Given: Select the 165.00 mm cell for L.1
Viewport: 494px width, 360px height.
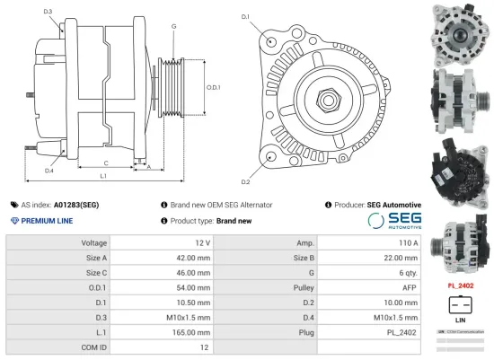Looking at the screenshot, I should (x=194, y=331).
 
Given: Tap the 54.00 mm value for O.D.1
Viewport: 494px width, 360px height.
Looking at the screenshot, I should (x=194, y=287).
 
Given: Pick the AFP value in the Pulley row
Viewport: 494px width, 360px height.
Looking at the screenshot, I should (x=410, y=287).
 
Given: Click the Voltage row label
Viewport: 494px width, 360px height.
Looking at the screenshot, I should (x=93, y=243).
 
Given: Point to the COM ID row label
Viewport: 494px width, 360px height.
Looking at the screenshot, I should (x=93, y=346).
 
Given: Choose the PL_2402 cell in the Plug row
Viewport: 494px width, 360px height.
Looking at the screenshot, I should (x=402, y=331).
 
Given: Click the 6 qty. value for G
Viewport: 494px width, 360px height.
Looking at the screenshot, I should (x=407, y=273).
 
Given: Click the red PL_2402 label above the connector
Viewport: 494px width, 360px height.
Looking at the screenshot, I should (x=461, y=286).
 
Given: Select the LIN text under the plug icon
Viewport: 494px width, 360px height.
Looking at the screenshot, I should (x=461, y=320).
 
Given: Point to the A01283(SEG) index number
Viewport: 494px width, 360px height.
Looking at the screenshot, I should (x=75, y=205).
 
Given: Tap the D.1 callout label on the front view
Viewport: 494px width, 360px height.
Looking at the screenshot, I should (x=245, y=16).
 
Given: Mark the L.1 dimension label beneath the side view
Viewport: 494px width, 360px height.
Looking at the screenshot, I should (x=103, y=176).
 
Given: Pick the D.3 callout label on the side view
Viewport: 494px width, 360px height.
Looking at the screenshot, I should (x=47, y=12).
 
